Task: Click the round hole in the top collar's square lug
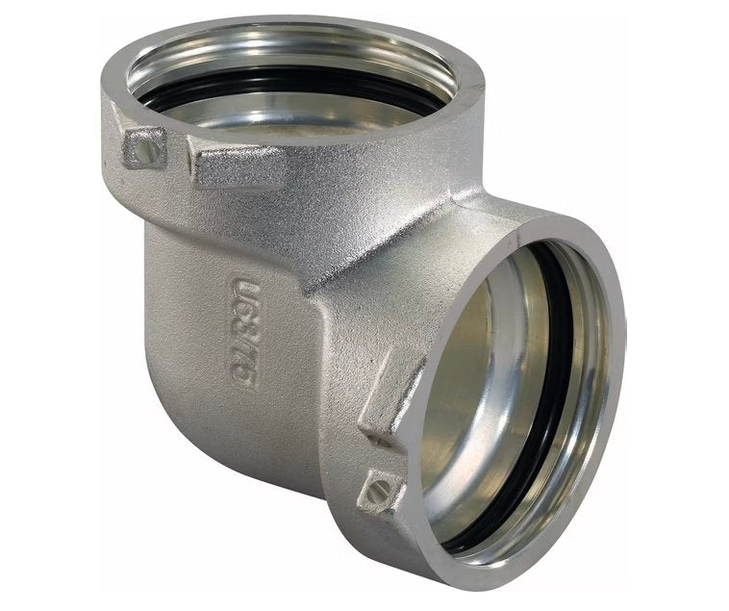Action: click(144, 147)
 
